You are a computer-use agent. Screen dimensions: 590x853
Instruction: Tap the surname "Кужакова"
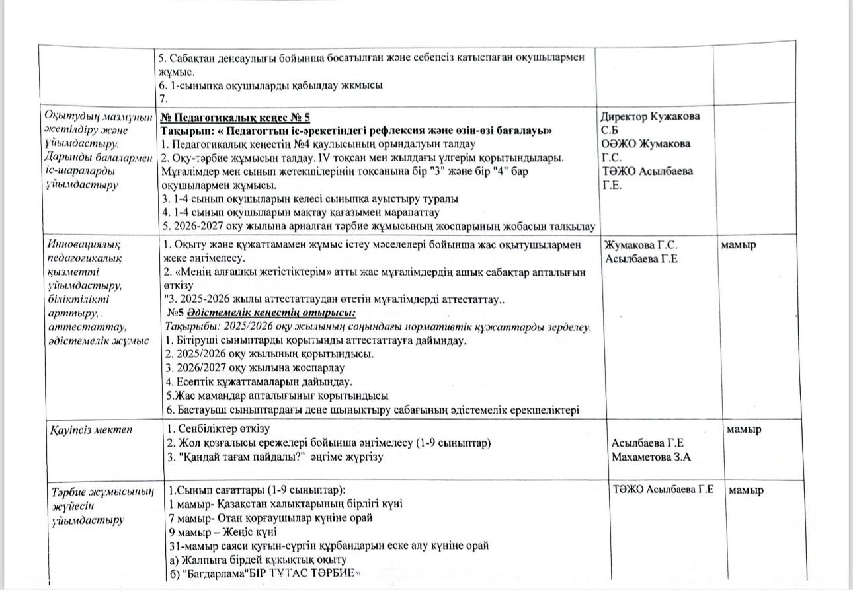coord(677,117)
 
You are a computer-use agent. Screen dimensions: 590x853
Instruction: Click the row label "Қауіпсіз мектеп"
coord(91,430)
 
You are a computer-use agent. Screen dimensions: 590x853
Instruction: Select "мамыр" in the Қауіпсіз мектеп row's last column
coord(744,429)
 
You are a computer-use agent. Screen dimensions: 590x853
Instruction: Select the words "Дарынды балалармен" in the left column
coord(97,157)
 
